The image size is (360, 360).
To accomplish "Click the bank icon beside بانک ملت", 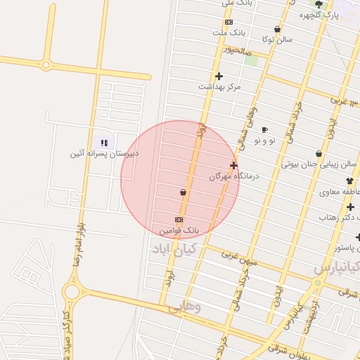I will coord(229,22).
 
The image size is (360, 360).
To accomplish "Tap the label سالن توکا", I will coord(277,40).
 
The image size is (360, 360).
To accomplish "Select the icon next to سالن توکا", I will coord(277,30).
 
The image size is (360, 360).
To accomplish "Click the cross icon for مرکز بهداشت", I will coord(219,76).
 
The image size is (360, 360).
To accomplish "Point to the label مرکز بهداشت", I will coord(219,86).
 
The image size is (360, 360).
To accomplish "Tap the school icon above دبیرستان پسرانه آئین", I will coord(105,143).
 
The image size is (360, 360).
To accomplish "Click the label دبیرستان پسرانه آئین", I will coord(105,153).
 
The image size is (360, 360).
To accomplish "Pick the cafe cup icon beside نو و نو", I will coord(264,130).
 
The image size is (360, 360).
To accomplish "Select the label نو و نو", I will coord(266,141).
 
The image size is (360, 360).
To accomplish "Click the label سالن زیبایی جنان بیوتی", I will coord(310,165).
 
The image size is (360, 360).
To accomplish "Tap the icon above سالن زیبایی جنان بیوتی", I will coord(319,153).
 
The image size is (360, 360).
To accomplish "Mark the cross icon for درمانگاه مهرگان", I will coord(233,166).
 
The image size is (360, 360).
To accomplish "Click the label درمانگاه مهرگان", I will coord(234,176).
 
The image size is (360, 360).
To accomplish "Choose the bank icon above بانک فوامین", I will coord(179,219).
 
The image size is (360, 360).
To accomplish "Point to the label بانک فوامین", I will coord(179,230).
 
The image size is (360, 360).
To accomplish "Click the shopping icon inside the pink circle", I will coord(184,191).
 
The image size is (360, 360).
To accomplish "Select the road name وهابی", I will coord(186,307).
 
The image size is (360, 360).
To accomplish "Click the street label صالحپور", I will coord(238,51).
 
